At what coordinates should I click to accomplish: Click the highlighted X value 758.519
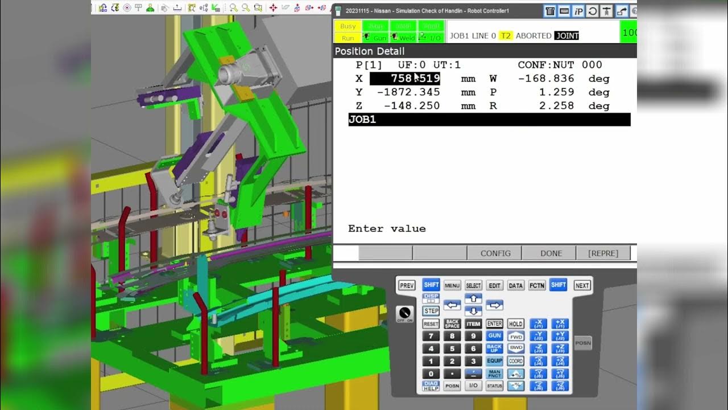(405, 79)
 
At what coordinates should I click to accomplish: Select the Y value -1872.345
(408, 92)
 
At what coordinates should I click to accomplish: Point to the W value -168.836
(546, 79)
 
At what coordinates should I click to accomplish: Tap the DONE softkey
(551, 253)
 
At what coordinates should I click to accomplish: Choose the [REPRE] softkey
(603, 253)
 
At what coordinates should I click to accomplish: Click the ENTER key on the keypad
(494, 323)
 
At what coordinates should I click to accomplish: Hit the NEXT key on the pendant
(582, 285)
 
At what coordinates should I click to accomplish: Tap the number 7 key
(431, 336)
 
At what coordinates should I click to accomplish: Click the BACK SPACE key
(452, 323)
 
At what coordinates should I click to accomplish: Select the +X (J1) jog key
(560, 323)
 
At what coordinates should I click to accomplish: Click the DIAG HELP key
(431, 386)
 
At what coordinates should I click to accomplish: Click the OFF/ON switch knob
(405, 313)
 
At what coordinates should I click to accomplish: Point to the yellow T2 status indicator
(505, 35)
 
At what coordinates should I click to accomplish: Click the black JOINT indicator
(566, 35)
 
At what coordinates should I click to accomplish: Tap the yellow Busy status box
(348, 26)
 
